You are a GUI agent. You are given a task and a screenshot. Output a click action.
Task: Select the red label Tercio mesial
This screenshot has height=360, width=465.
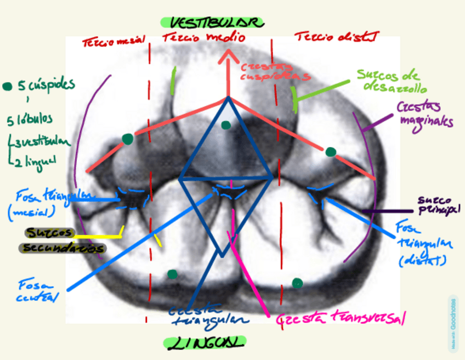pyautogui.click(x=114, y=42)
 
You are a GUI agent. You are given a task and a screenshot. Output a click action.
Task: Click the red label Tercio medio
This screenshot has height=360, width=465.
pyautogui.click(x=203, y=38)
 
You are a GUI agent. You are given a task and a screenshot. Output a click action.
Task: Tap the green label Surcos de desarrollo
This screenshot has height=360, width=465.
pyautogui.click(x=392, y=81)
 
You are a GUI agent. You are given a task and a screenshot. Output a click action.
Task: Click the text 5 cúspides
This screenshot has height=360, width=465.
pyautogui.click(x=46, y=86)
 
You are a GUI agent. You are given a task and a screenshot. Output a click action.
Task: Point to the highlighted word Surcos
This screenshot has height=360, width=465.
pyautogui.click(x=49, y=233)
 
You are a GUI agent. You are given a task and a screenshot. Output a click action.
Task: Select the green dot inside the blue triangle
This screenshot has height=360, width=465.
pyautogui.click(x=225, y=126)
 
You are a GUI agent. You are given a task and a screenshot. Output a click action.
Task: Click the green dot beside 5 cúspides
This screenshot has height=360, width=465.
pyautogui.click(x=7, y=86)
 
